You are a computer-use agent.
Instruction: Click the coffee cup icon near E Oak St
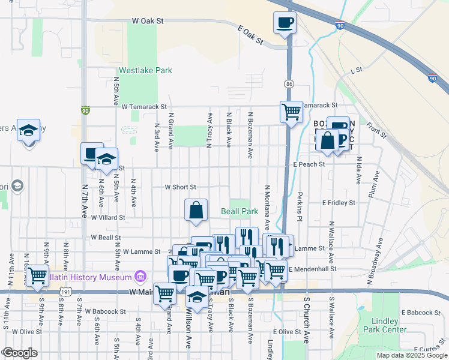tap(285, 23)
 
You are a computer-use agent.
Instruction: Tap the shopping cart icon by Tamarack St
tap(291, 111)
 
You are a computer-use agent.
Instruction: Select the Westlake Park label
tap(145, 70)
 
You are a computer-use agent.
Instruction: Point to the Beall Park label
tap(240, 211)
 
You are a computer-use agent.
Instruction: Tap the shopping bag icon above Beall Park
tap(196, 210)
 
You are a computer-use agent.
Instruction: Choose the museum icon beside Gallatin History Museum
tap(140, 277)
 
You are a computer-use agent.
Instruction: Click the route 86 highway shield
tap(289, 83)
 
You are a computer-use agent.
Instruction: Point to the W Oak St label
tap(148, 21)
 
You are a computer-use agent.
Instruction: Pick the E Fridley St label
tap(339, 203)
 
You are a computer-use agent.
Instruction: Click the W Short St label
tap(181, 187)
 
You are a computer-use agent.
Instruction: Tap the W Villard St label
tap(108, 218)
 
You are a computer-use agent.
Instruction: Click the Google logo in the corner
tap(20, 353)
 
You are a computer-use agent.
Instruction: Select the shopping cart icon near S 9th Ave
tap(37, 276)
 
